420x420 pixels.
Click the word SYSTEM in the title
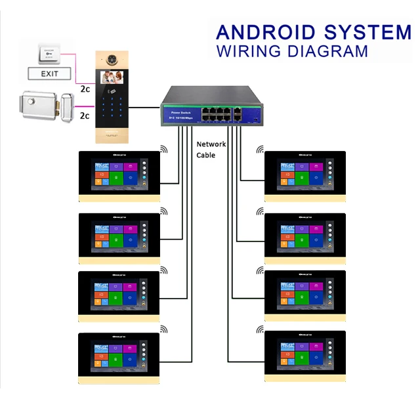pos(368,32)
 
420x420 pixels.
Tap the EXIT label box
pos(49,73)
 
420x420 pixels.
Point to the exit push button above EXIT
pos(50,52)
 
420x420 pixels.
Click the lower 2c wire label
pos(85,115)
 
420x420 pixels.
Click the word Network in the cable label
pos(211,144)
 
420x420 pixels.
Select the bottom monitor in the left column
pos(119,357)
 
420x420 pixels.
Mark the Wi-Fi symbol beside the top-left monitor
pos(164,150)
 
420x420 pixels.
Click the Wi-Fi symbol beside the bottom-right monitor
pos(261,329)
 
